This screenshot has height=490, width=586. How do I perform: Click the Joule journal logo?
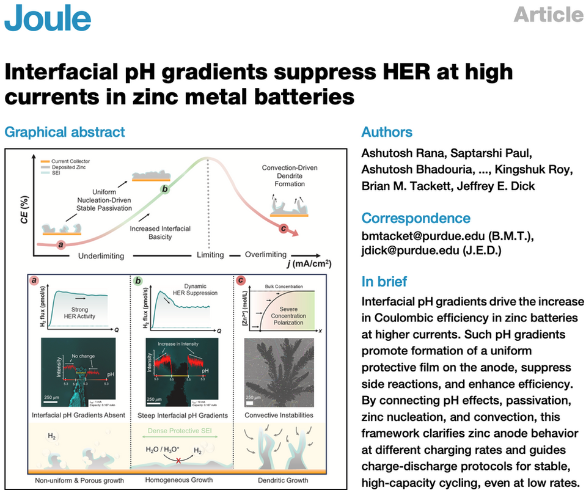(48, 18)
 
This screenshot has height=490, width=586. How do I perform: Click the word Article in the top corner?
(548, 14)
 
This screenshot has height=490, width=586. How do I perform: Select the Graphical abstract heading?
(65, 132)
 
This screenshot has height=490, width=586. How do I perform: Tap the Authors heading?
(387, 132)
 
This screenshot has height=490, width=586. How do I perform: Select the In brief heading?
(384, 282)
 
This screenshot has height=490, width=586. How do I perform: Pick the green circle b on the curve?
(164, 190)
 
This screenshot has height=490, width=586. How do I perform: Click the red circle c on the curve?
(282, 229)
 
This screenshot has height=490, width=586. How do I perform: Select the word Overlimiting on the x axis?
(266, 255)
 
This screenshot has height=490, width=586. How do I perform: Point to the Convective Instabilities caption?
(279, 415)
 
